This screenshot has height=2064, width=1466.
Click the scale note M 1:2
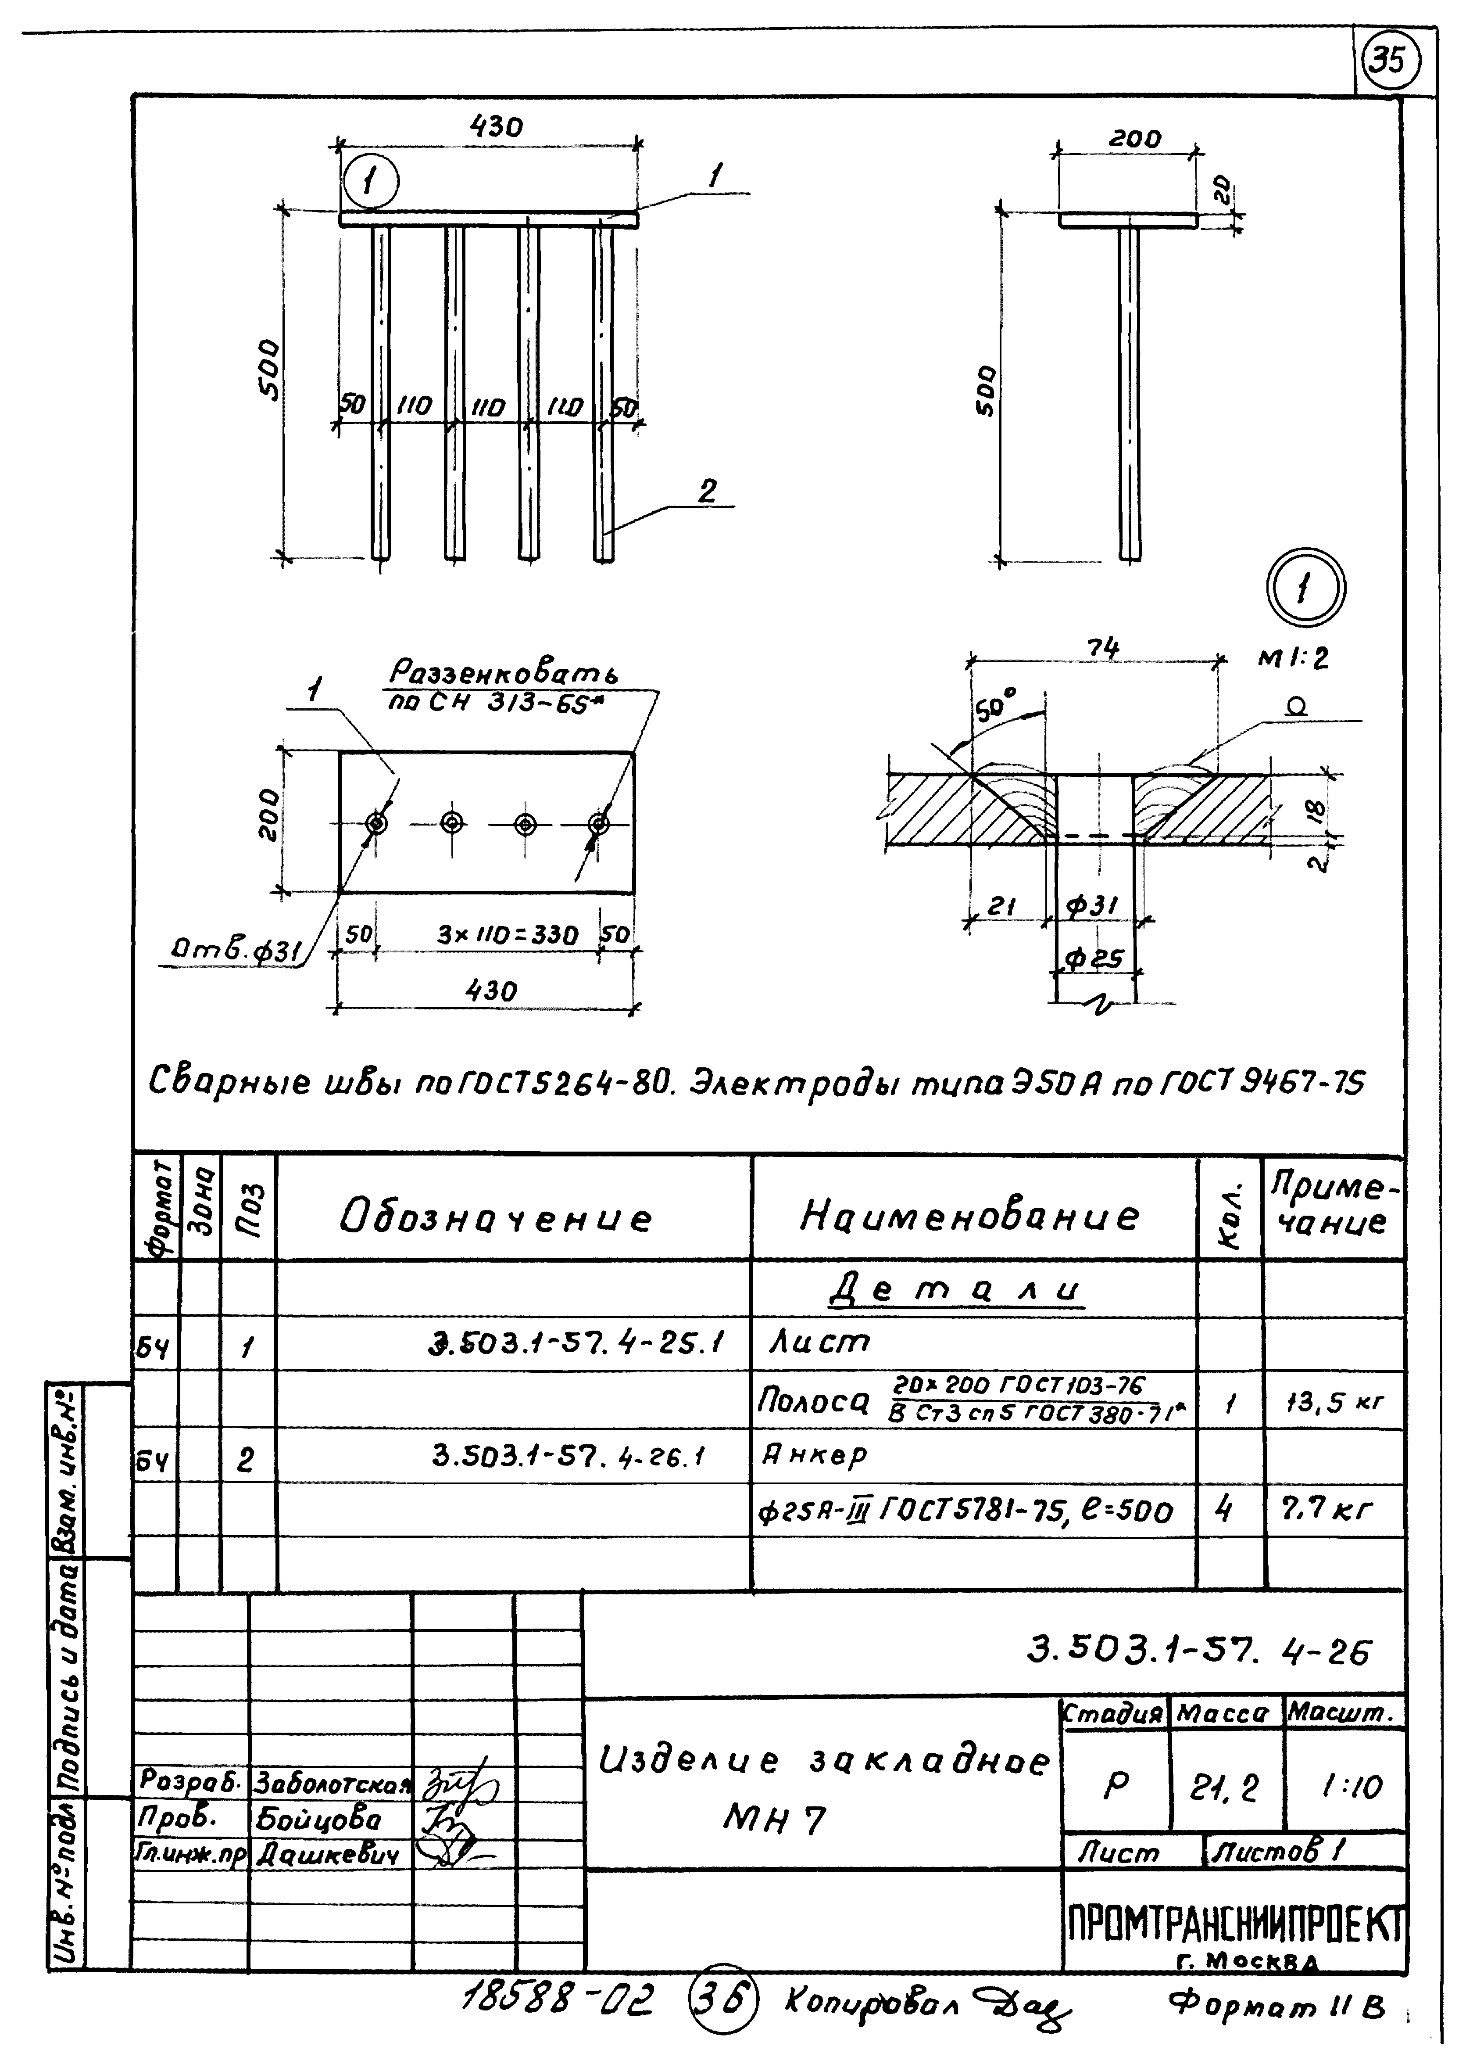point(1294,658)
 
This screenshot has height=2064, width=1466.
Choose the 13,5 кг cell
point(1334,1403)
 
